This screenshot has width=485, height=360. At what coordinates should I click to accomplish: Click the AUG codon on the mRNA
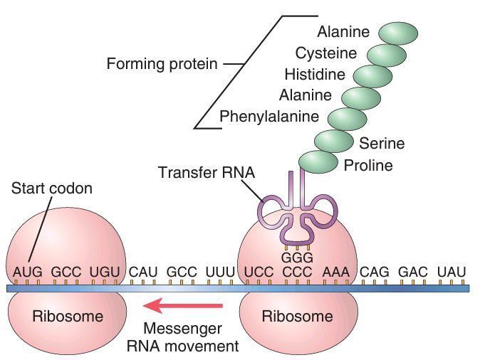click(x=26, y=272)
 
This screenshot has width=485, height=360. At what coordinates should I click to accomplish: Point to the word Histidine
click(x=314, y=74)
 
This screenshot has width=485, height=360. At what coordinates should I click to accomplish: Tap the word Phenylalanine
click(x=269, y=116)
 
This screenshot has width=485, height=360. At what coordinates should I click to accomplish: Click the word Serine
click(x=382, y=143)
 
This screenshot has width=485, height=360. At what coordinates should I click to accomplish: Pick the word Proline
click(x=368, y=166)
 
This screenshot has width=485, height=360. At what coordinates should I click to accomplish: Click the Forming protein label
click(x=162, y=64)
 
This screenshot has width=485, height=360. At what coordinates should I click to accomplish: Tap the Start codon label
click(x=52, y=190)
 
